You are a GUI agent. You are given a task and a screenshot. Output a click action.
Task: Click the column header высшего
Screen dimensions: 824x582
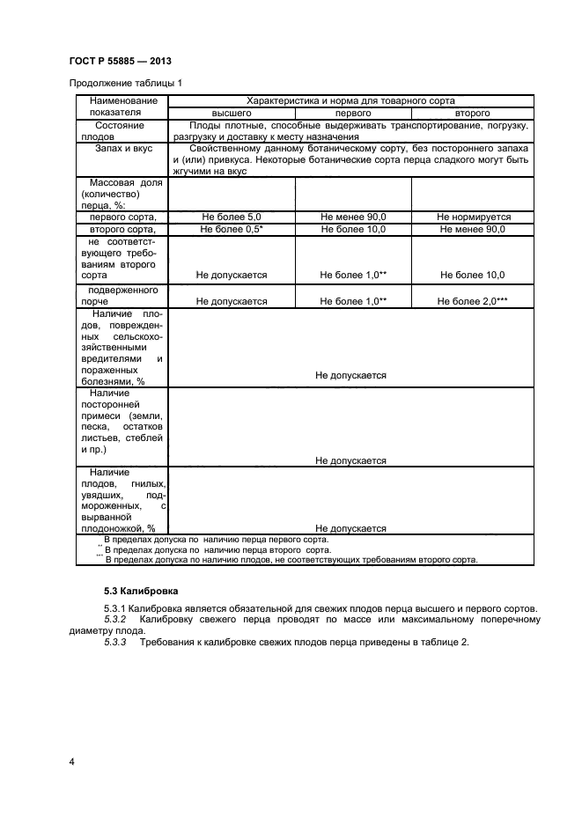[x=232, y=114]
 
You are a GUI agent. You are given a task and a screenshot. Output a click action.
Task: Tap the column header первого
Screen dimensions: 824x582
[x=353, y=114]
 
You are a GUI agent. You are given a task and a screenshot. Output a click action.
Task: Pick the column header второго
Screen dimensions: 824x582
[x=472, y=114]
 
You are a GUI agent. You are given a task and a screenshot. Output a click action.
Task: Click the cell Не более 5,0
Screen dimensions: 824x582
[x=232, y=217]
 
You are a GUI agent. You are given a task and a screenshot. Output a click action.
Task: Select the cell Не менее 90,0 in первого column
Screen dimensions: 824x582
[x=353, y=217]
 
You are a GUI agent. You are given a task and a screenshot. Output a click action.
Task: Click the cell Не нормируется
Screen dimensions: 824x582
[x=472, y=217]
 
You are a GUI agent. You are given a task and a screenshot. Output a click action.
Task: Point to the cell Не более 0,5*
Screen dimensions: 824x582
[x=232, y=229]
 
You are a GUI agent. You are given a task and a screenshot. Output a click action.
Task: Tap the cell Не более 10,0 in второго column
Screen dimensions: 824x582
[x=472, y=276]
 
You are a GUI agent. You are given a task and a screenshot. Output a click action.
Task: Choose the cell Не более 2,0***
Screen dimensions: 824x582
[x=472, y=301]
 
